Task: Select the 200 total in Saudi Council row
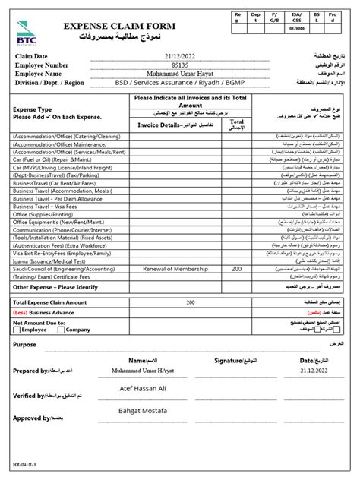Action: (x=237, y=269)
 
